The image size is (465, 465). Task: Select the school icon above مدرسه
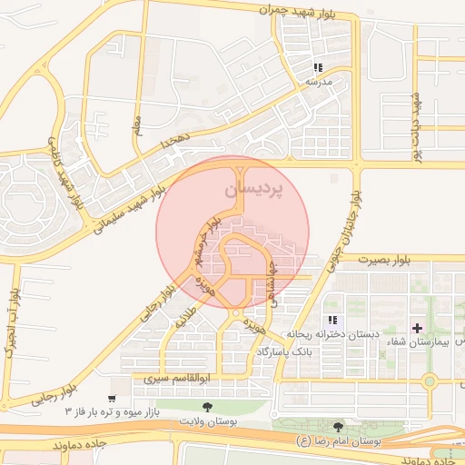pos(318,67)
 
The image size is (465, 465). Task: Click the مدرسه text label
pos(318,82)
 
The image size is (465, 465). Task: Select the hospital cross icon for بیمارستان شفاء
pos(417,327)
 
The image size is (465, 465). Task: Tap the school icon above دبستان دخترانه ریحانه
pos(333,320)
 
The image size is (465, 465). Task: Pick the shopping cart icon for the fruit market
pos(112,399)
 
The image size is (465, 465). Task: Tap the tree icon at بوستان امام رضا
pos(339,426)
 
